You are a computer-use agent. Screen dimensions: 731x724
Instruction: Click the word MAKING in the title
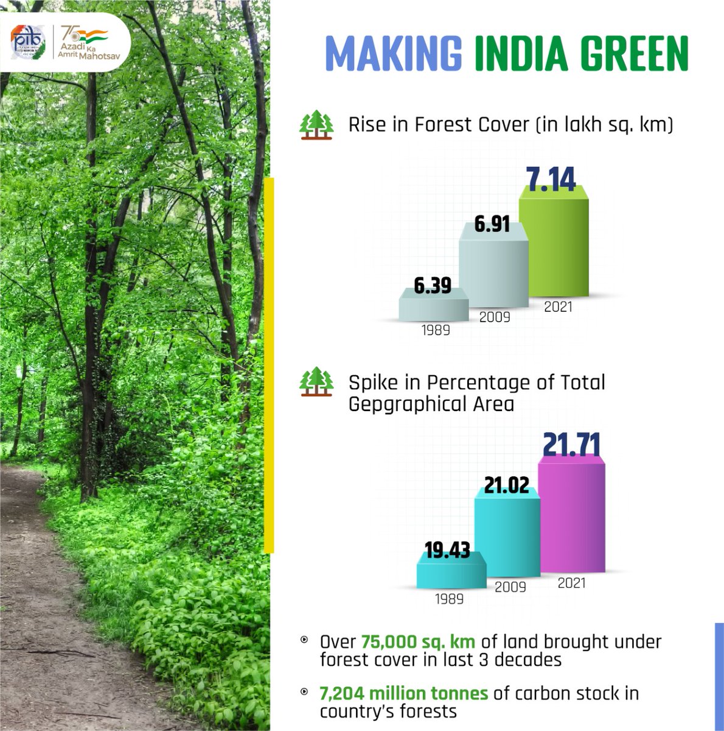[x=394, y=54]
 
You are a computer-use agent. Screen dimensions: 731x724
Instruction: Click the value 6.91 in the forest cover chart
[x=492, y=224]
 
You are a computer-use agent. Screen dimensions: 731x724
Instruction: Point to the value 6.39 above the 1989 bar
[x=433, y=285]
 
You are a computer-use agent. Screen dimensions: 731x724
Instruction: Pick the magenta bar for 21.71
[x=572, y=518]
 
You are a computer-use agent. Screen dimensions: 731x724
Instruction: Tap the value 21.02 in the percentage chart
[x=507, y=485]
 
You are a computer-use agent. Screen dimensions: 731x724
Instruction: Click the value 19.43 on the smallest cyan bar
[x=447, y=550]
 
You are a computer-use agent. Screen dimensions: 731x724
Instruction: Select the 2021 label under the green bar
[x=558, y=306]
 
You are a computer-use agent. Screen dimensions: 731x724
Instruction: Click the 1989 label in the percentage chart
[x=449, y=599]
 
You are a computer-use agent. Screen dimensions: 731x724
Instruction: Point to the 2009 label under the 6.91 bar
[x=494, y=317]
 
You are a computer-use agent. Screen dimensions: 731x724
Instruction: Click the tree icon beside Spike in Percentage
[x=316, y=382]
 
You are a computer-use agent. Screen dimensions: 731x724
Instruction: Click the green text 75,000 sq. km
[x=418, y=641]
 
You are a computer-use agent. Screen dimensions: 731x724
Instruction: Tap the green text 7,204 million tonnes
[x=404, y=693]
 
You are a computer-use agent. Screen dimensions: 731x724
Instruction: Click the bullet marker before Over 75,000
[x=304, y=640]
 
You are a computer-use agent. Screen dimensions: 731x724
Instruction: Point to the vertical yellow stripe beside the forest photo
[x=270, y=365]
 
